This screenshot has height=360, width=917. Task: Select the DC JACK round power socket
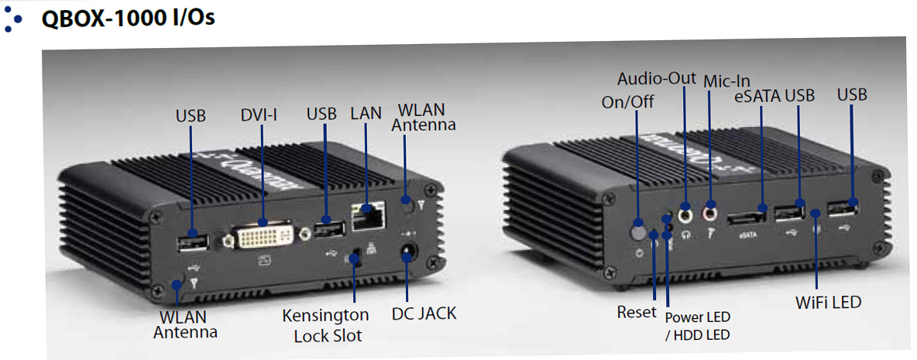pyautogui.click(x=407, y=253)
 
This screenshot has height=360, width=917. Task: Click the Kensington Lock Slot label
pyautogui.click(x=325, y=325)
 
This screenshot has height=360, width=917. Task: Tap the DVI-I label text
pyautogui.click(x=259, y=115)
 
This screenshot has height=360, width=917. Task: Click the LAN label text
pyautogui.click(x=366, y=112)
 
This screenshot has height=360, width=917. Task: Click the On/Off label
pyautogui.click(x=628, y=101)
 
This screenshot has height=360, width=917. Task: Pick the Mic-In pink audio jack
pyautogui.click(x=710, y=211)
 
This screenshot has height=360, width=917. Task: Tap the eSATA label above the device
pyautogui.click(x=758, y=97)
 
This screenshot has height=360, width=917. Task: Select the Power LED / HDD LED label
pyautogui.click(x=697, y=325)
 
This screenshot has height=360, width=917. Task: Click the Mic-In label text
pyautogui.click(x=725, y=79)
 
